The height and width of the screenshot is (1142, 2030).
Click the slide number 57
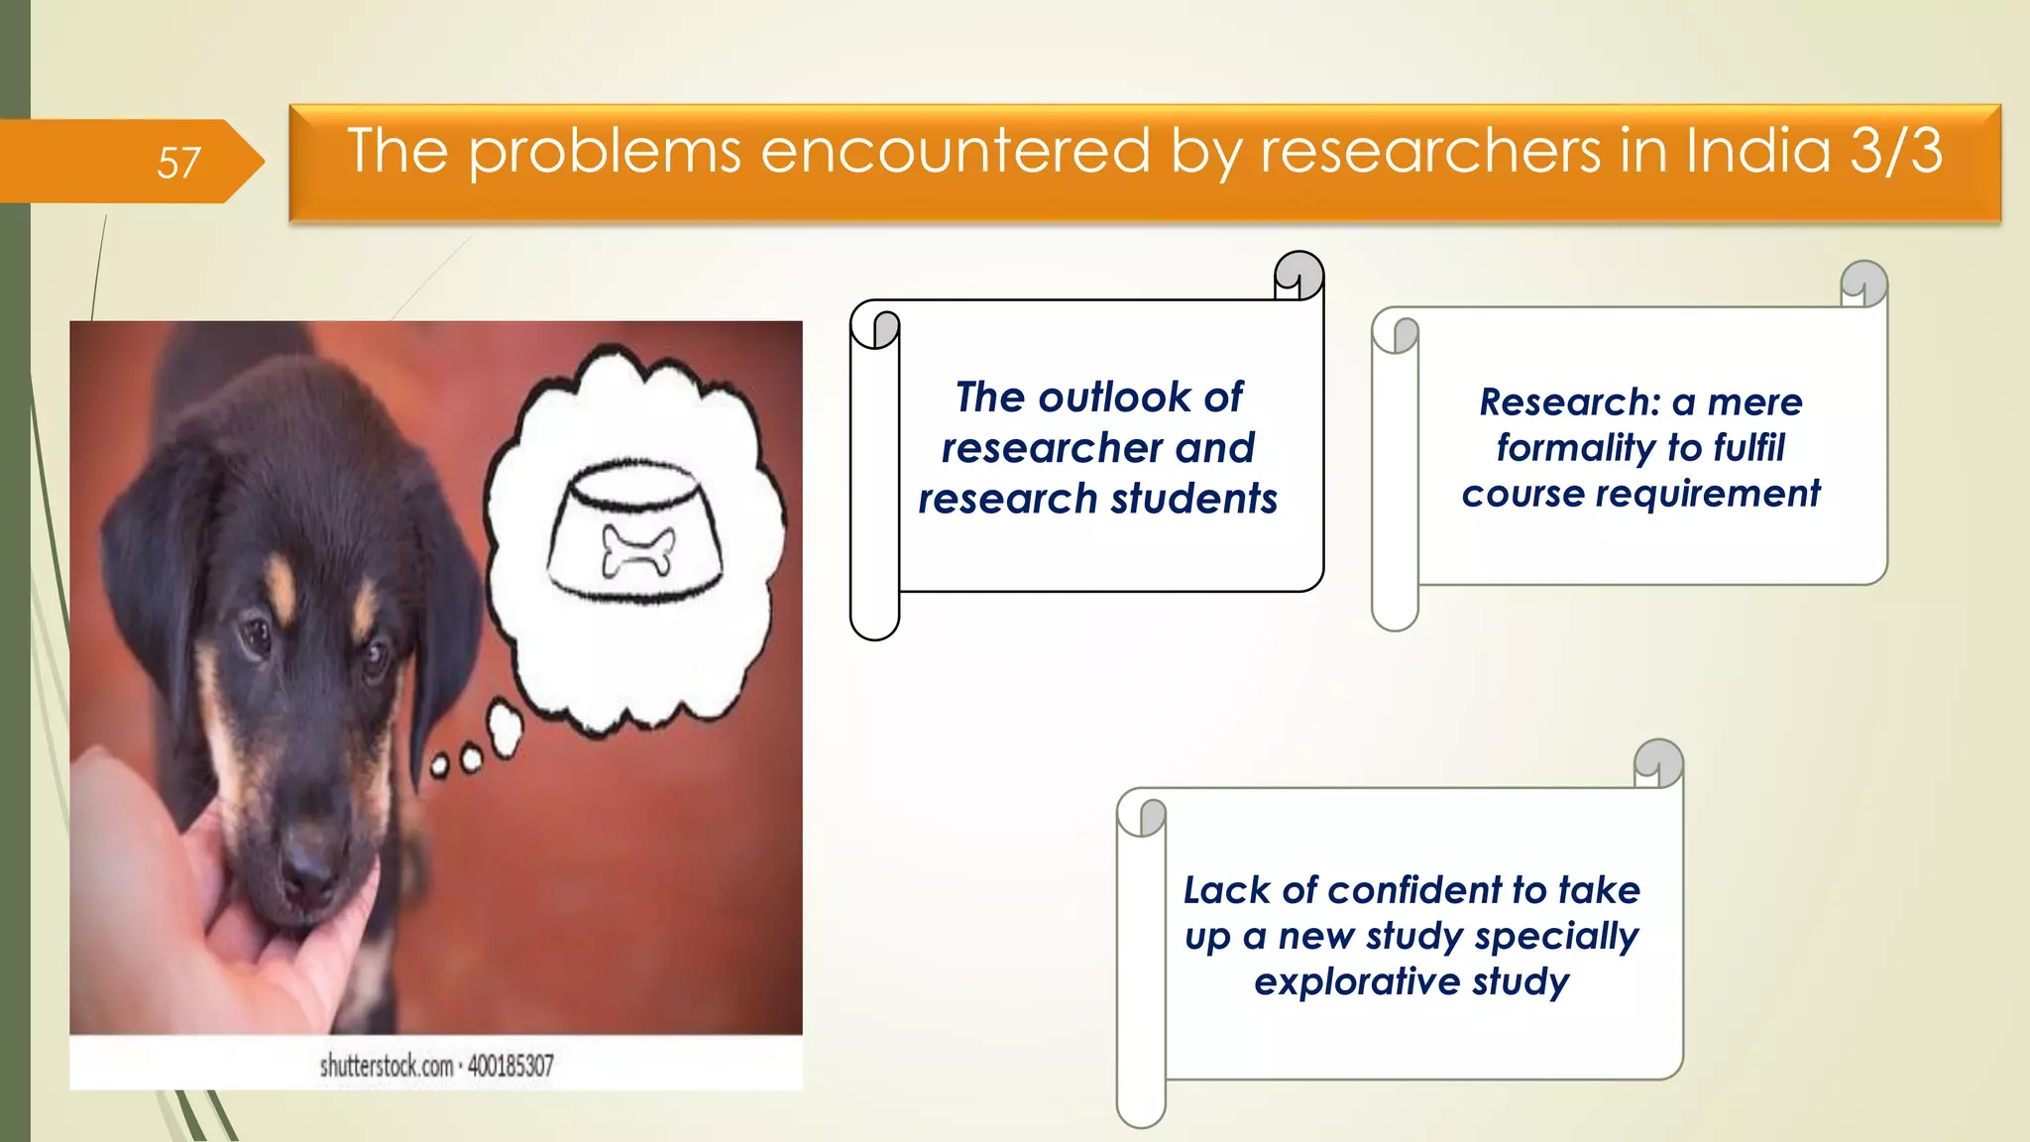point(178,163)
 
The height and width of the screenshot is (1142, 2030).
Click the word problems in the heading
point(605,153)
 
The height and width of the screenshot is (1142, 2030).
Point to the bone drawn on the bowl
point(638,550)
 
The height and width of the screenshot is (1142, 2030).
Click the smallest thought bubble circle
point(439,765)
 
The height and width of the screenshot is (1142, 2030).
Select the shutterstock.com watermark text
point(386,1067)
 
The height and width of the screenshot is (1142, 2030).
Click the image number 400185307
point(510,1067)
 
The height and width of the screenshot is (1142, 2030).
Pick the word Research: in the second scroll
point(1569,402)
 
